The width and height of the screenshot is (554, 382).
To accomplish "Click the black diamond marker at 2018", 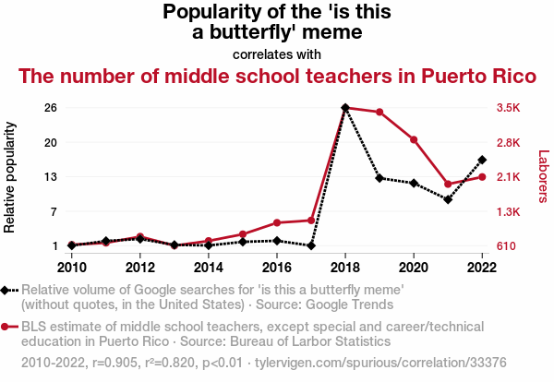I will pyautogui.click(x=345, y=108).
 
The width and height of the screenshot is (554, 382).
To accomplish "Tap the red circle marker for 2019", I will pyautogui.click(x=379, y=113).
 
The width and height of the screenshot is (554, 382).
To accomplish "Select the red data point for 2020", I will pyautogui.click(x=414, y=139).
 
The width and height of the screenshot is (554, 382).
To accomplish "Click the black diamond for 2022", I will pyautogui.click(x=482, y=160).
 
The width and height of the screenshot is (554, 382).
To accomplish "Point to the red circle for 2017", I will pyautogui.click(x=311, y=221).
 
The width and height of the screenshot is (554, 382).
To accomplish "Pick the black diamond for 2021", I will pyautogui.click(x=448, y=199).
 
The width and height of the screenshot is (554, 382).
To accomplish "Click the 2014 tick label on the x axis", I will pyautogui.click(x=209, y=268).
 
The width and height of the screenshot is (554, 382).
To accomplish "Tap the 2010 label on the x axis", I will pyautogui.click(x=72, y=268).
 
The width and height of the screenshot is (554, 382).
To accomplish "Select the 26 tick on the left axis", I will pyautogui.click(x=51, y=108).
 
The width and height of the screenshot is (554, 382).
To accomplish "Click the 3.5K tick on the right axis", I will pyautogui.click(x=508, y=108).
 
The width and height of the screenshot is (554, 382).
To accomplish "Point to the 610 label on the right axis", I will pyautogui.click(x=506, y=246).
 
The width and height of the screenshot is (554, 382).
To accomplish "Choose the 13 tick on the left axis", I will pyautogui.click(x=51, y=177).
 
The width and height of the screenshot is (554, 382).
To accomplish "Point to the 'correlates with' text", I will pyautogui.click(x=277, y=54).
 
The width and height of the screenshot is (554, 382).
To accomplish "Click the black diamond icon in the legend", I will pyautogui.click(x=6, y=290).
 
